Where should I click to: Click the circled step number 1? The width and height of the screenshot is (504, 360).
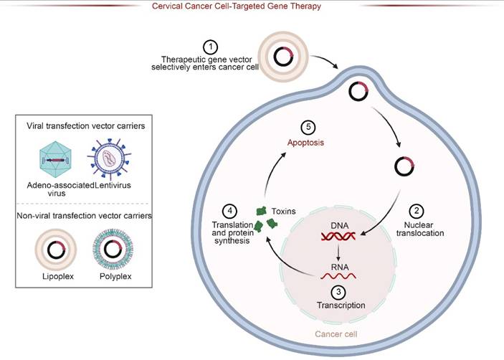click(x=209, y=46)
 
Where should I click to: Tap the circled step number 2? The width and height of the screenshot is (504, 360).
click(x=416, y=212)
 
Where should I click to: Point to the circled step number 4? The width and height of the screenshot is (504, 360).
click(x=229, y=212)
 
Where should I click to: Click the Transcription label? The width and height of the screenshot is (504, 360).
click(x=341, y=305)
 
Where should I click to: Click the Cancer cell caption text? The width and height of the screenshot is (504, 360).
click(x=340, y=334)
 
